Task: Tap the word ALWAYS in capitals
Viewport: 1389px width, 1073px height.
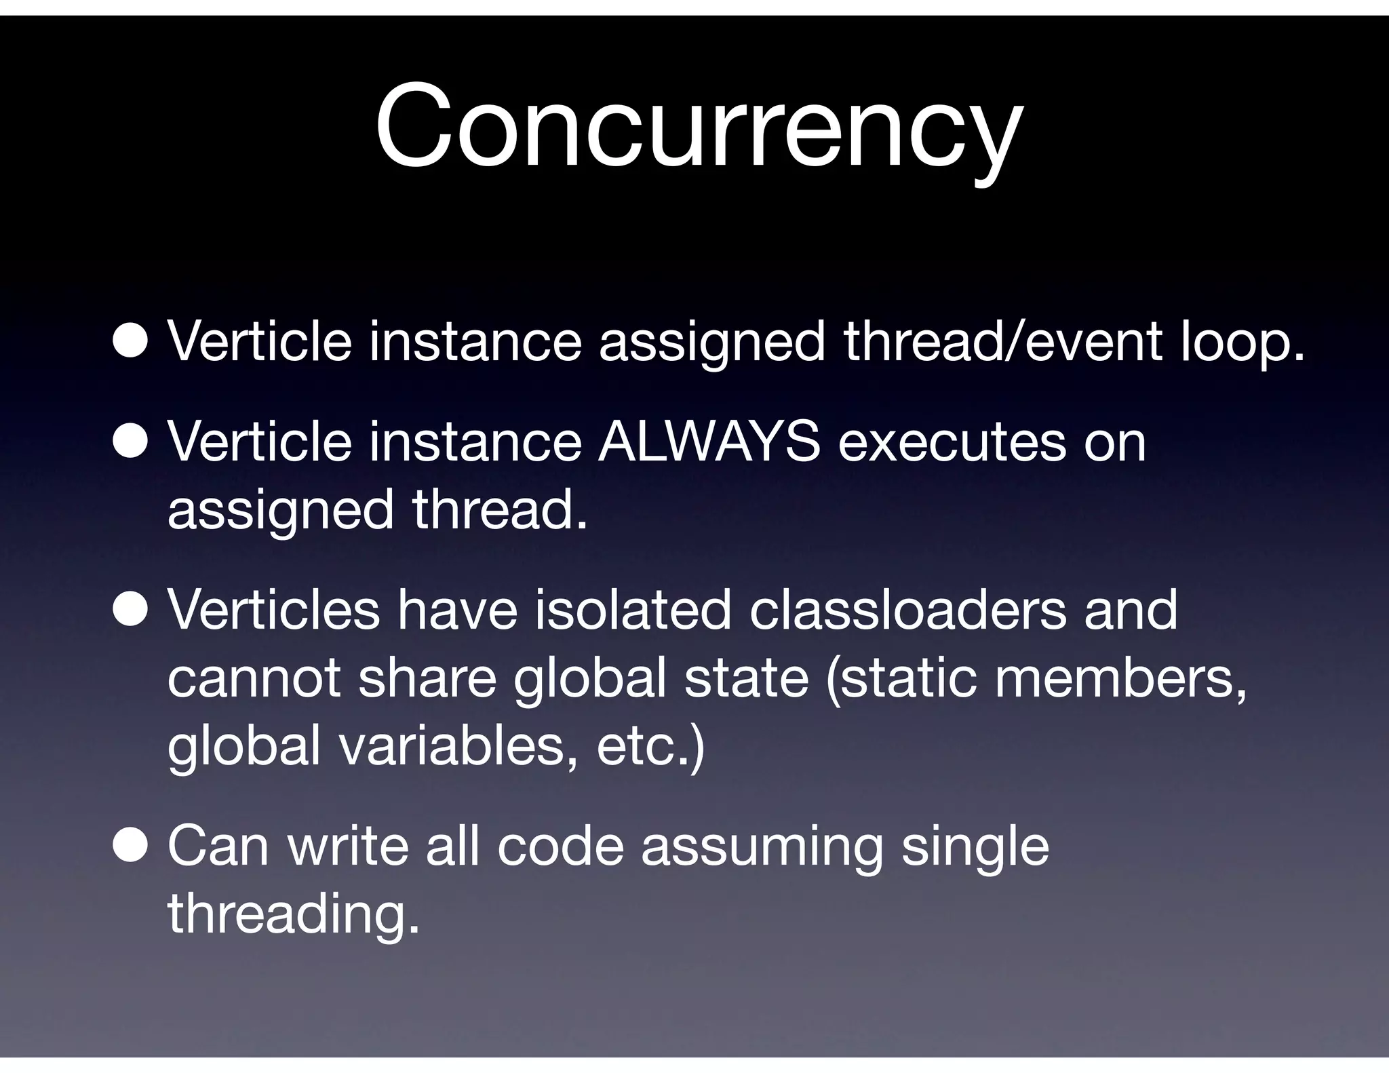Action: pos(708,442)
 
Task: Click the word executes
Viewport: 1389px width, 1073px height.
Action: pos(952,442)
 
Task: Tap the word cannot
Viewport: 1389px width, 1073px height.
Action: pos(254,678)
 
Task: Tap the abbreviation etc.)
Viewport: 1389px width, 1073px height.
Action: pos(650,745)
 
